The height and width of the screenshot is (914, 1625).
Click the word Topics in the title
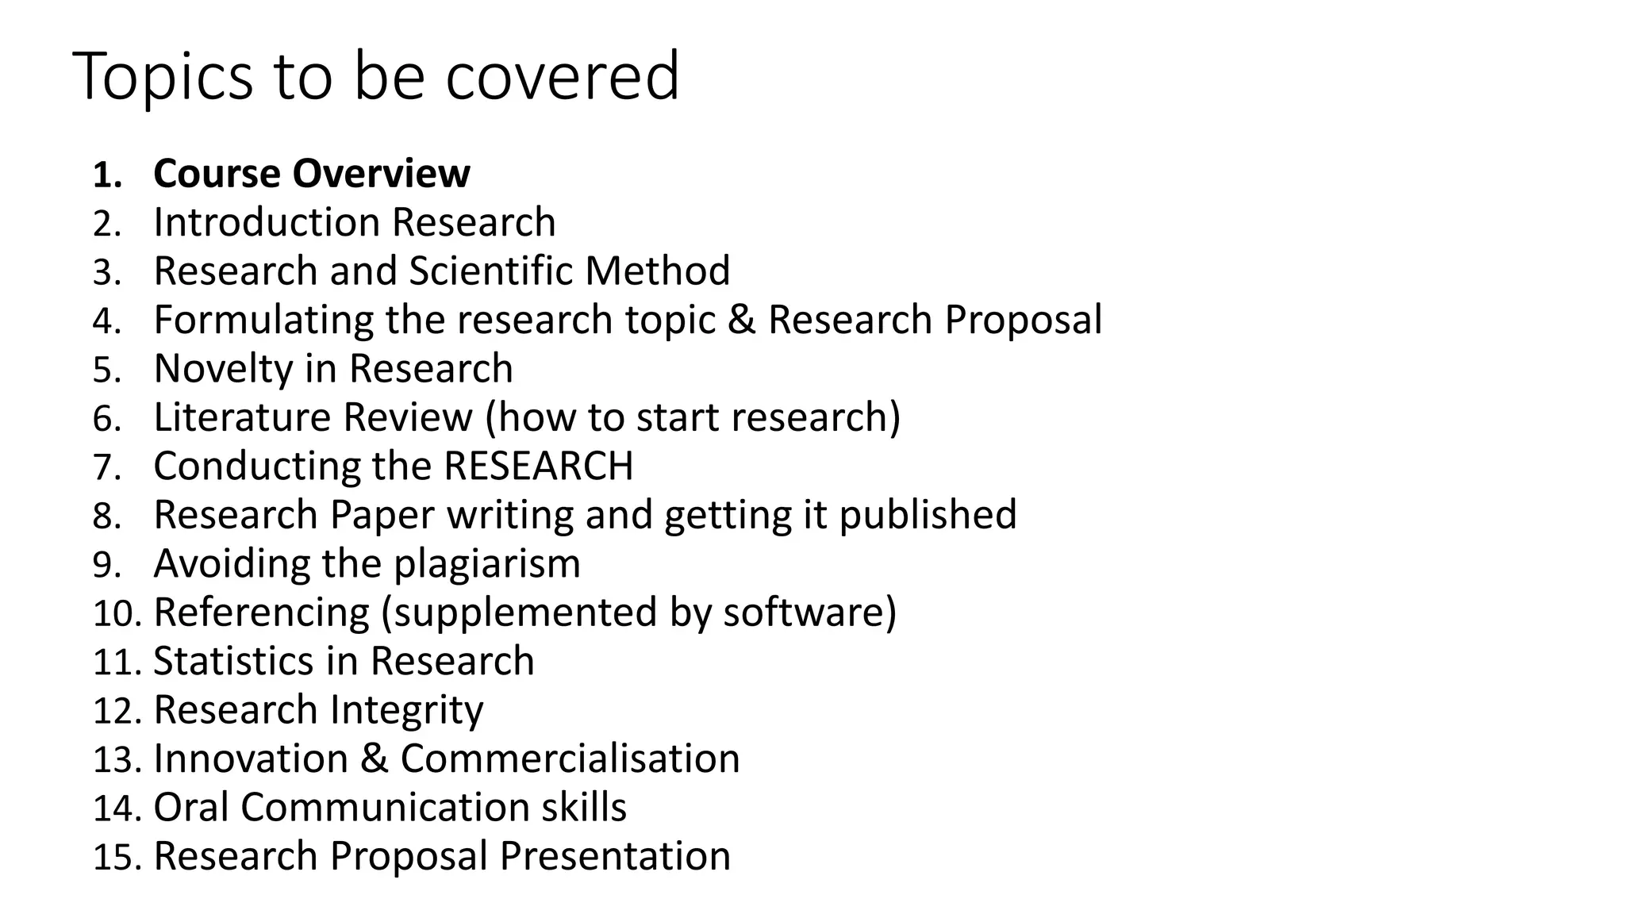tap(163, 77)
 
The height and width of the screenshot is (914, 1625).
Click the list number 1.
tap(106, 175)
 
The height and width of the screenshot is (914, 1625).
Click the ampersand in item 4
tap(741, 320)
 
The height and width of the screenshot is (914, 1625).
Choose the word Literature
tap(241, 417)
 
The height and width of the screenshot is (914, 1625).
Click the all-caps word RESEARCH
tap(538, 467)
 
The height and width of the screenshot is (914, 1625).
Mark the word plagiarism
tap(486, 564)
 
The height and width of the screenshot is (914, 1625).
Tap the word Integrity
tap(406, 710)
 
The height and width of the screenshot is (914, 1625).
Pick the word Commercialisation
tap(570, 758)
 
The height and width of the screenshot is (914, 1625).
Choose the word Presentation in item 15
tap(614, 856)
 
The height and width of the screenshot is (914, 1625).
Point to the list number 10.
tap(116, 614)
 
